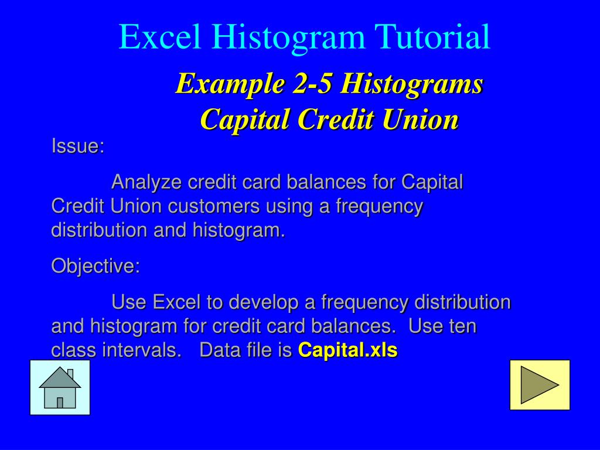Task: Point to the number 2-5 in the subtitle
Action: (313, 83)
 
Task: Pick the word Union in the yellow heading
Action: (421, 120)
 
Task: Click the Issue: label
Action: (78, 146)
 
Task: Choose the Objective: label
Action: (96, 266)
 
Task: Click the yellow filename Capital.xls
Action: (348, 350)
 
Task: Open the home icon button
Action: (60, 387)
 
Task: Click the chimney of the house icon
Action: (70, 374)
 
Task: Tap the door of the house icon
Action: (60, 403)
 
